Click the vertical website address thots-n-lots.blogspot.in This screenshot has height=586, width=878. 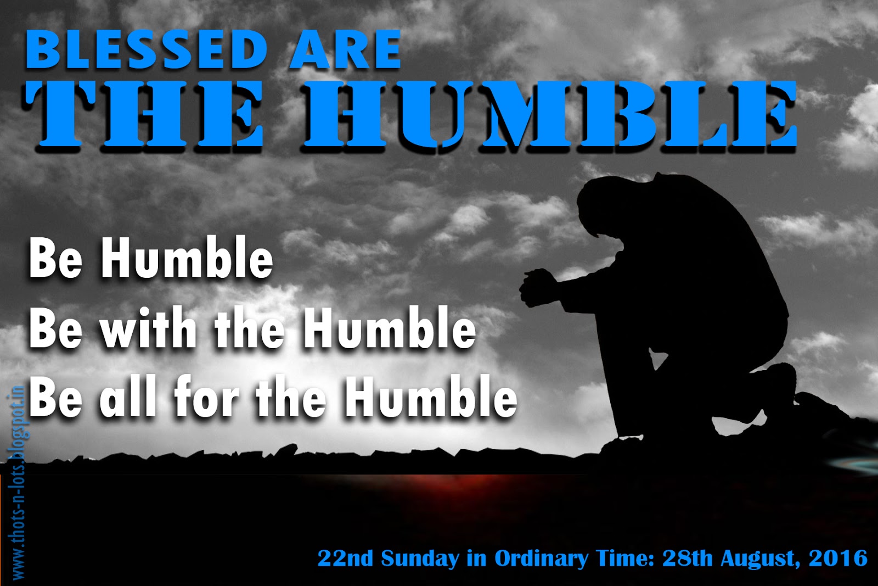tap(18, 482)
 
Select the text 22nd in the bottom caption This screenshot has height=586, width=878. tap(345, 558)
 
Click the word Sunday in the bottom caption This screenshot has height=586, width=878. tap(420, 559)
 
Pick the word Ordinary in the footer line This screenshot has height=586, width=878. tap(541, 559)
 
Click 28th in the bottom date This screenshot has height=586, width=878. tap(687, 558)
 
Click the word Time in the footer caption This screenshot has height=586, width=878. tap(625, 558)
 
